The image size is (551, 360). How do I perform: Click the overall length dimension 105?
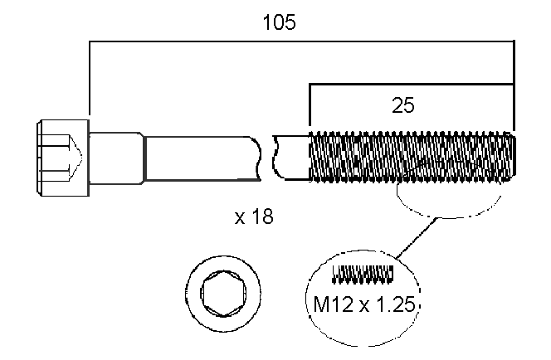tap(279, 22)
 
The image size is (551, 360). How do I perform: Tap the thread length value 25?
tap(403, 106)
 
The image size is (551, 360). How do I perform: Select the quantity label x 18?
tap(254, 217)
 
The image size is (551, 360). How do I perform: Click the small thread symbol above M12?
tap(362, 272)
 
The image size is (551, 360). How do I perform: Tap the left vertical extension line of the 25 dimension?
tap(310, 108)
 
